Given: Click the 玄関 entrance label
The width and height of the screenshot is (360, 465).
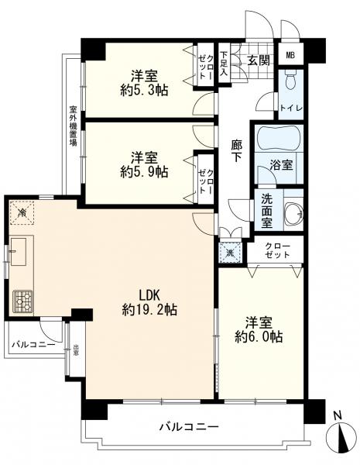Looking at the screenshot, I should click(258, 60).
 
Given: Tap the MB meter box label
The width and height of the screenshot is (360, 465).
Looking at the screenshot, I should click(290, 55).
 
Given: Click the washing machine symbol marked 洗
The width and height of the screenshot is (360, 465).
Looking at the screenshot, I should click(230, 251).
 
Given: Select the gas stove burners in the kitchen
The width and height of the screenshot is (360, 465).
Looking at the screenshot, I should click(24, 299).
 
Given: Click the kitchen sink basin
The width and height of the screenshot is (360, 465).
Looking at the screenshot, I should click(20, 252).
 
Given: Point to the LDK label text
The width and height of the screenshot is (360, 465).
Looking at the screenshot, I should click(149, 294).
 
